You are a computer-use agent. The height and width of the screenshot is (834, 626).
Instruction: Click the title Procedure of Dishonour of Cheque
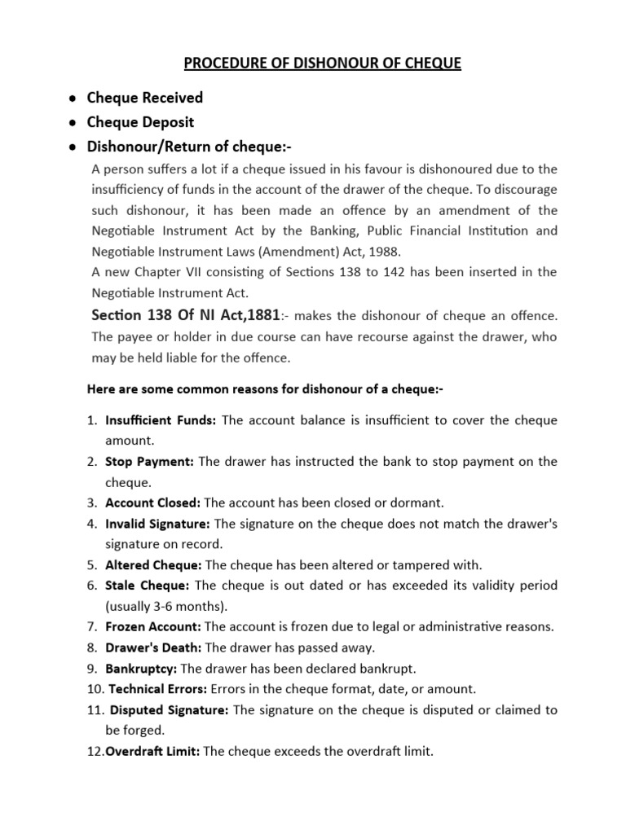coord(313,63)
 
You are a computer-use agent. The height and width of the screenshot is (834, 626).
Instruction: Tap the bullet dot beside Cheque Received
coord(73,99)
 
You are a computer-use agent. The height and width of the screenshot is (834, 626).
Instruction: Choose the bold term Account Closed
coord(153,503)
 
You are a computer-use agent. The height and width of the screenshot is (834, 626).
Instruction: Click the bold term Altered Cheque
coord(154,564)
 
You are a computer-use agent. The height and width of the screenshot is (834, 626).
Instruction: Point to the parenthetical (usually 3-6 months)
coord(166,606)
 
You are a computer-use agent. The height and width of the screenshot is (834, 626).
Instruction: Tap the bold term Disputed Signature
coord(170,710)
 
